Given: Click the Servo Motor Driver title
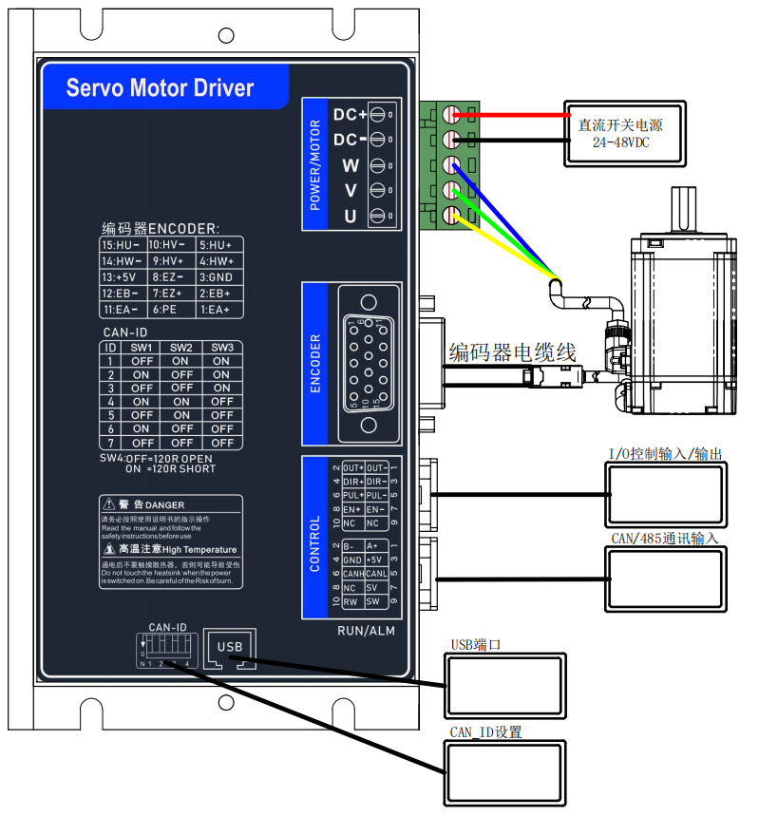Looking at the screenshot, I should coord(160,88).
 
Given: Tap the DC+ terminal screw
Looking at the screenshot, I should coord(377,115).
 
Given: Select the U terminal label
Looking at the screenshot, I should coord(350,218).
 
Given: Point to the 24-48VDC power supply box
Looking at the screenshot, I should coord(620,132).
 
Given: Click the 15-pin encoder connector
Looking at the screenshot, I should coord(373,362).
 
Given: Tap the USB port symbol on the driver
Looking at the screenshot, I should coord(231,648).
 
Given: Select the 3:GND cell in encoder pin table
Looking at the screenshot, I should coord(219,277).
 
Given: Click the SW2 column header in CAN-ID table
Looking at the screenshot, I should coord(180,348).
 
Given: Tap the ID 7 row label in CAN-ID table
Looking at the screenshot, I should coord(110,442).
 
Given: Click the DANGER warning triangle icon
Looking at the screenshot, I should coord(109,504).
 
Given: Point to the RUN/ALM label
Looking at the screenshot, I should coord(366,630).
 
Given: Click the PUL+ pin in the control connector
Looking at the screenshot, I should coord(353,496).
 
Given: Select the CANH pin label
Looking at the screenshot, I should coord(353,574).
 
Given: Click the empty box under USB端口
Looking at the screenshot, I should coord(505,685).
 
